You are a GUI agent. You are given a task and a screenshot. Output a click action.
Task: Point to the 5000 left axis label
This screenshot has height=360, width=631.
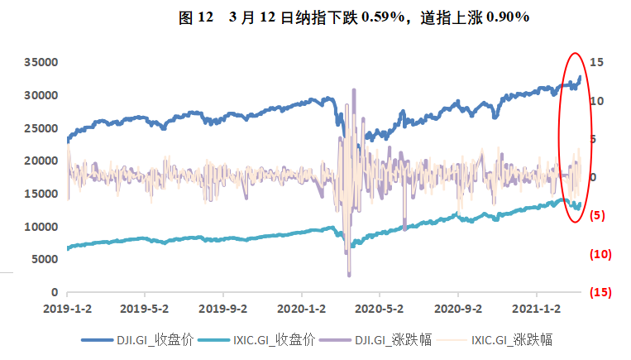pyautogui.click(x=45, y=259)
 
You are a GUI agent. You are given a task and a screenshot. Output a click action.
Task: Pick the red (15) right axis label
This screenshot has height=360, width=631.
pyautogui.click(x=600, y=292)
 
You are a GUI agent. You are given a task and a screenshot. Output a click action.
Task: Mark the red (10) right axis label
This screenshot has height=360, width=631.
pyautogui.click(x=600, y=254)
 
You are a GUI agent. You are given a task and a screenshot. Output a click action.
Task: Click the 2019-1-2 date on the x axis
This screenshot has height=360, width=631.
pyautogui.click(x=67, y=308)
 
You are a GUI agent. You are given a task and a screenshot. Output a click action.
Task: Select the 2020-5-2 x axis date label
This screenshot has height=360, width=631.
pyautogui.click(x=380, y=308)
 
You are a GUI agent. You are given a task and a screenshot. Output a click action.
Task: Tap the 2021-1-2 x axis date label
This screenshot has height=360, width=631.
pyautogui.click(x=537, y=308)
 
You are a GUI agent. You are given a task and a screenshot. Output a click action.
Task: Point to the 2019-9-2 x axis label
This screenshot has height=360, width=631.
pyautogui.click(x=223, y=308)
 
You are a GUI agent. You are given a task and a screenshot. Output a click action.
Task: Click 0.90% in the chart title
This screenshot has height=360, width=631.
pyautogui.click(x=505, y=17)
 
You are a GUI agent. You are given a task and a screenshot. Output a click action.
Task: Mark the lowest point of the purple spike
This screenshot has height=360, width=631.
pyautogui.click(x=349, y=275)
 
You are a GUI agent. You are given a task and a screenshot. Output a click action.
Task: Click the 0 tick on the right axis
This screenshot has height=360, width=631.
pyautogui.click(x=592, y=177)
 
